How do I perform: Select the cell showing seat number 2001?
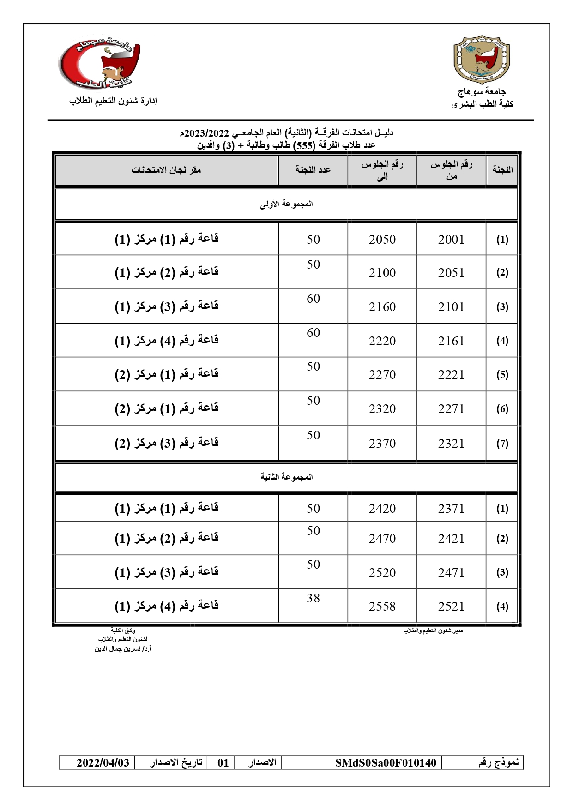[451, 239]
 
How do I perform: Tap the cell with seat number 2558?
[382, 606]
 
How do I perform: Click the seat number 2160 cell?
[382, 306]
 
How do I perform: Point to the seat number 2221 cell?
[451, 374]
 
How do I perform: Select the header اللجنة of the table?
[502, 169]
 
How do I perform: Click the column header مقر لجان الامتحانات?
[166, 170]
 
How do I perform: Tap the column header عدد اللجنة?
[313, 170]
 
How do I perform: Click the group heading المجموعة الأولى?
[286, 204]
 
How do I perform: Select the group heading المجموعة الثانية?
[286, 477]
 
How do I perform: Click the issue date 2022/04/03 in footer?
[103, 762]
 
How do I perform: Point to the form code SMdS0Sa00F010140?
[386, 762]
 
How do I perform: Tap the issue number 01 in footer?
[223, 762]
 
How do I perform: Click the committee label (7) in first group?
[502, 444]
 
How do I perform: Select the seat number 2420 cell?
[382, 508]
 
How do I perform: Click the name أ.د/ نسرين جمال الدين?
[123, 649]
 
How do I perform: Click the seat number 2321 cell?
[451, 443]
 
